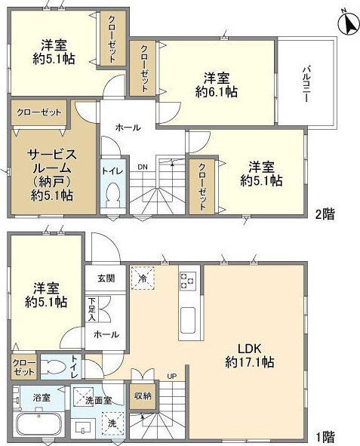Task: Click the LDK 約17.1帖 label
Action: click(248, 355)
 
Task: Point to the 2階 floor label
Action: click(325, 214)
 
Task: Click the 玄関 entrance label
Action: click(106, 278)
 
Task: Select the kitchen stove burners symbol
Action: click(187, 281)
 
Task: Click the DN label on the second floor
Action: click(143, 168)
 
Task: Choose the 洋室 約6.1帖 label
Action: click(216, 84)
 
